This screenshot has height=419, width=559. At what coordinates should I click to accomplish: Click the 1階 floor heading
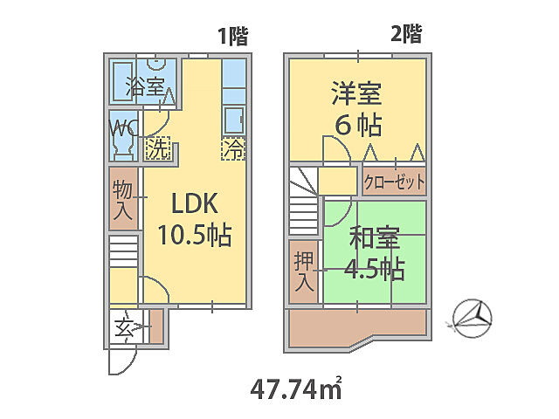coord(232,36)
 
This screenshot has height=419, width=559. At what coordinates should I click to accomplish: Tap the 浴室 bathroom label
coord(145,86)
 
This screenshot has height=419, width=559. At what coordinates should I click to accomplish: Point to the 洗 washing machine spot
coord(157,148)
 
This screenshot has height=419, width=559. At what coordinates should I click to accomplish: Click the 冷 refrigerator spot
coord(233,148)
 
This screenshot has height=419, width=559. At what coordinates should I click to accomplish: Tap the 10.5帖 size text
coord(194,235)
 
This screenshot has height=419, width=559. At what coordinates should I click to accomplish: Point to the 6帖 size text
coord(358,125)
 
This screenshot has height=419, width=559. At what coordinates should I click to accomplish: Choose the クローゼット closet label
coord(395,182)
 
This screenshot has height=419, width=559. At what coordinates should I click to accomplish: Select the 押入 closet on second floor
coord(304,271)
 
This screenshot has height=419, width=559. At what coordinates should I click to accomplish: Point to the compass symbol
coord(473,317)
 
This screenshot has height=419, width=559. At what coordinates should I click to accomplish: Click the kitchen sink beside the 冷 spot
coord(234,118)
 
